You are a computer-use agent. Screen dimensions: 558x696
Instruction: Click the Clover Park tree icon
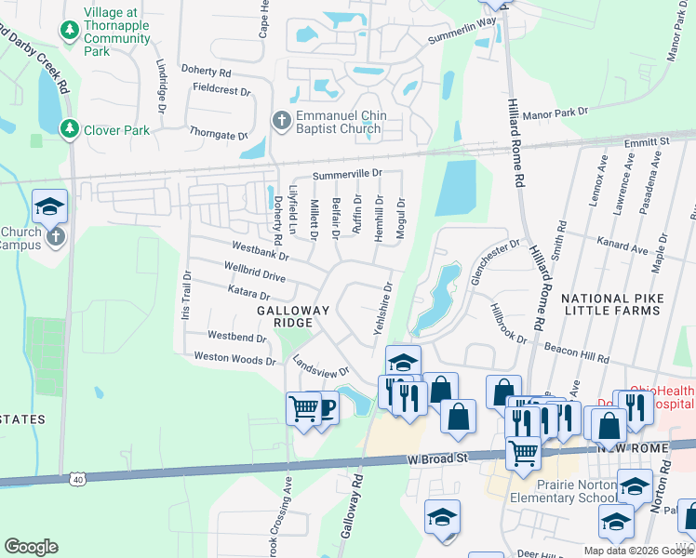[x=69, y=128]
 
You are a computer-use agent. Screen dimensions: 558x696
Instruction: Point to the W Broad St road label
[x=437, y=458]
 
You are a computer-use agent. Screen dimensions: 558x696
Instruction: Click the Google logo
[x=31, y=546]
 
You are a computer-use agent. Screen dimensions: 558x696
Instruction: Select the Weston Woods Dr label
[x=234, y=358]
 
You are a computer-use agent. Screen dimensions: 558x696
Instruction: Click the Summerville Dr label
[x=347, y=174]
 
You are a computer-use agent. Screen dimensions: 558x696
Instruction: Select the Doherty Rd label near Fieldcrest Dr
[x=207, y=72]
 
